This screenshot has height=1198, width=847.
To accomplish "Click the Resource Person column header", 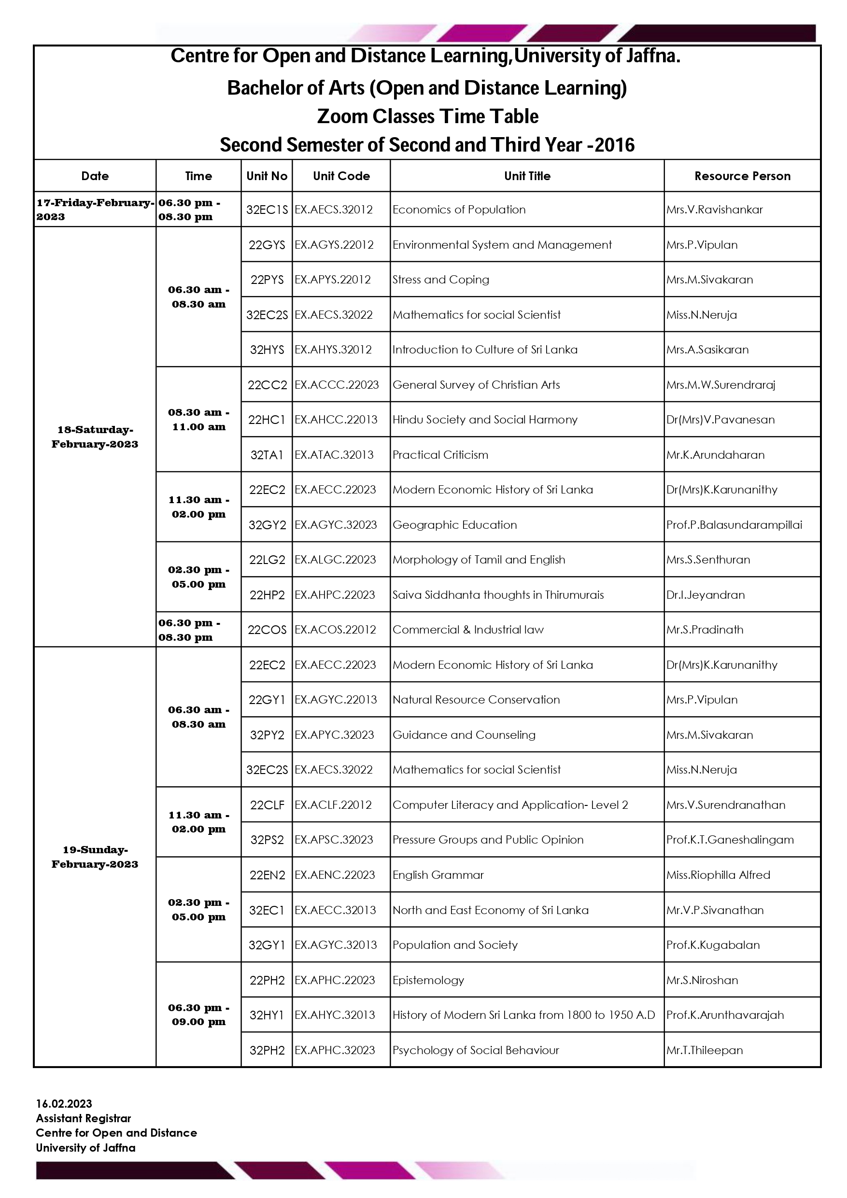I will pos(742,176).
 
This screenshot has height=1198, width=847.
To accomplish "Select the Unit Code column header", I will pos(341,176).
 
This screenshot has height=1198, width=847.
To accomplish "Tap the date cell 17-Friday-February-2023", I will pos(95,209).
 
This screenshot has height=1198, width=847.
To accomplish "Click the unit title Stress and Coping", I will pos(440,280).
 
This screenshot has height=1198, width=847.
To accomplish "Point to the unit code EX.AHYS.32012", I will pos(333,350).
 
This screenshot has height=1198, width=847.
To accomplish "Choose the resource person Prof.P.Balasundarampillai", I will pos(734,525).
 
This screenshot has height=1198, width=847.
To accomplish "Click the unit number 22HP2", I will pos(267,595).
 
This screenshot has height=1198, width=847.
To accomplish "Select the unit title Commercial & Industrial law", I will pos(467,630).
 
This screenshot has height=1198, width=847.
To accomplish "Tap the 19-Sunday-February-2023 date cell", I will pos(95,857).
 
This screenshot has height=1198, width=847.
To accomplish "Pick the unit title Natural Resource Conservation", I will pos(476,700).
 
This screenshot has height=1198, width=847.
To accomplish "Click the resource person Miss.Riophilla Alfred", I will pos(718,875).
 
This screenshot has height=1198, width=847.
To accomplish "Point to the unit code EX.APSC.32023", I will pos(334,840).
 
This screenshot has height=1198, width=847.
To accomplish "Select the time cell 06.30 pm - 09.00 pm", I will pos(198,1015).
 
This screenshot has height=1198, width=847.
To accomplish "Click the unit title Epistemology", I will pos(428,980).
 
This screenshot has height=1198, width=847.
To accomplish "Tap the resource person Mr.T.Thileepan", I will pos(704,1050).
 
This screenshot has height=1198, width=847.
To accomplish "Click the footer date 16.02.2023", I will pos(64,1103).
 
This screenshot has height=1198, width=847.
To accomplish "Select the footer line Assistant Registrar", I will pos(84,1118).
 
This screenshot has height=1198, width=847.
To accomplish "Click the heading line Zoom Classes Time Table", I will pos(427,116).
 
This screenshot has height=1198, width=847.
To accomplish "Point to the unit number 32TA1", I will pos(267,455).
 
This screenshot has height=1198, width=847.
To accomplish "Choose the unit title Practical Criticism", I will pos(440,455).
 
